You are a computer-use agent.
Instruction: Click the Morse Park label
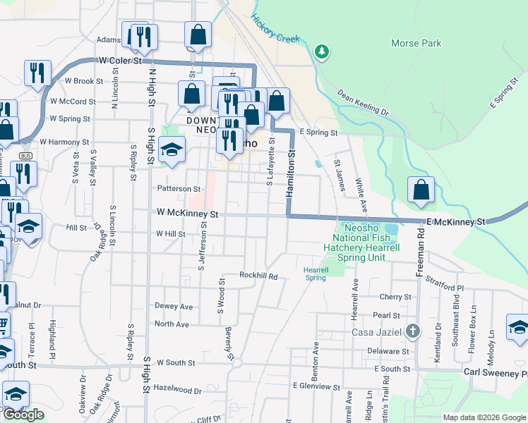[x=416, y=43]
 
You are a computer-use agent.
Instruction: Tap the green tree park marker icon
[x=322, y=51]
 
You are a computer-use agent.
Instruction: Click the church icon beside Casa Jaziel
[x=413, y=331]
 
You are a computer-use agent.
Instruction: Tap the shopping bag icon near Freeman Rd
[x=421, y=190]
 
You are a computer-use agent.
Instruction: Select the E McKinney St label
[x=457, y=222]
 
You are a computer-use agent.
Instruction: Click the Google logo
[x=23, y=415]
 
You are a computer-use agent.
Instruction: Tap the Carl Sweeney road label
[x=495, y=371]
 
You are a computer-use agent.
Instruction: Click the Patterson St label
[x=179, y=189]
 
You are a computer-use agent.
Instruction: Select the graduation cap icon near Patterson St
[x=171, y=150]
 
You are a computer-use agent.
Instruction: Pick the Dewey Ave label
[x=174, y=307]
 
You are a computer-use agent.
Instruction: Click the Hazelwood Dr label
[x=177, y=389]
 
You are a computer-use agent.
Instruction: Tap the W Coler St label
[x=120, y=61]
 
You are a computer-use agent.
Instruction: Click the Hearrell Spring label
[x=316, y=274]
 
